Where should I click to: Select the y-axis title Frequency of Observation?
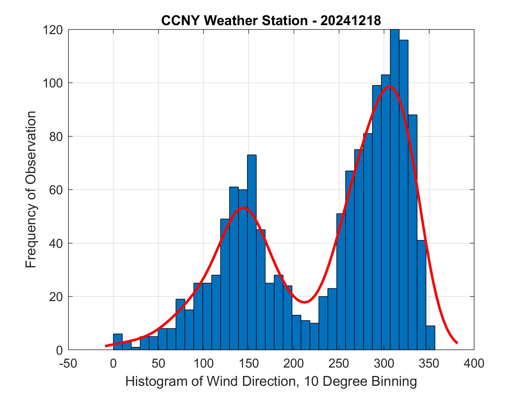coord(31,189)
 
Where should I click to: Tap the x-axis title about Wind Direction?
coord(271,381)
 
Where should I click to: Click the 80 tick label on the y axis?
coord(56,136)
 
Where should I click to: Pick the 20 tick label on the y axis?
coord(56,297)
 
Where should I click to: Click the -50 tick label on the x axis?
coord(69,363)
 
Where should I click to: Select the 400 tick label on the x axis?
coord(474,363)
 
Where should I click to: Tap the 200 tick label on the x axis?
coord(294,363)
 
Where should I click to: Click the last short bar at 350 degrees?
coord(430,338)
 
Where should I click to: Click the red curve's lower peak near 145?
coord(243,207)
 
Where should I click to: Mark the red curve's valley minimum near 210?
coord(304,302)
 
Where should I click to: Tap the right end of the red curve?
coord(457,343)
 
